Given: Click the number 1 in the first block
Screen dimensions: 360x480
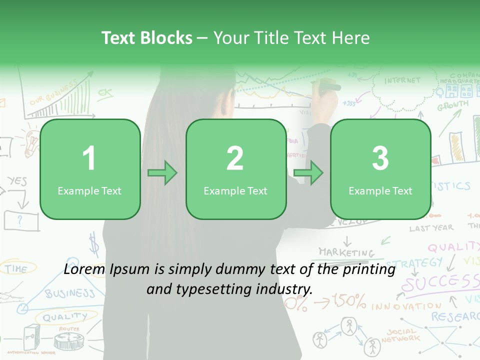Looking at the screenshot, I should click(89, 158).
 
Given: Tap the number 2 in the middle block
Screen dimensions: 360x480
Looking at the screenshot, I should click(235, 158).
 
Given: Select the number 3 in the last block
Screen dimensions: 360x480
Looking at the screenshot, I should click(380, 158).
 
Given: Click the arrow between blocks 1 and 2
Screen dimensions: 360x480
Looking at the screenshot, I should click(162, 173).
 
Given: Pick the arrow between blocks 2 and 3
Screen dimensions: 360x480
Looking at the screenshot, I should click(308, 173).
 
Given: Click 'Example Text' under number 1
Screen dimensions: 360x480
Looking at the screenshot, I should click(89, 191).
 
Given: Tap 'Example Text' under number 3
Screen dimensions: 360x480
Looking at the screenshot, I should click(380, 191).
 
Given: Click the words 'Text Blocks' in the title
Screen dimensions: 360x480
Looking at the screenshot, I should click(147, 38).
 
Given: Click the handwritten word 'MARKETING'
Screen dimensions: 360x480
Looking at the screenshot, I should click(346, 252).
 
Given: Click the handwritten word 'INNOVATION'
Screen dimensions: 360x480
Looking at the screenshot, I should click(406, 305).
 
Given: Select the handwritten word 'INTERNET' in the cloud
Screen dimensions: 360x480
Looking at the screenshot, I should click(402, 80).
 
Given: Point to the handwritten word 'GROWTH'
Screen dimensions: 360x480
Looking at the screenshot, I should click(453, 105).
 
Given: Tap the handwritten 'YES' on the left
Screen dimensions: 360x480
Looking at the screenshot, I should click(16, 181).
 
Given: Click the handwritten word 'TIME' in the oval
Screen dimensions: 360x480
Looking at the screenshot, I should click(16, 269).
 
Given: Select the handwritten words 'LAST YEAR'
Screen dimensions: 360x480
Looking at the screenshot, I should click(431, 228).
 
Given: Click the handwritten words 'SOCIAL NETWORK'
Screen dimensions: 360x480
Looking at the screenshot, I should click(401, 335).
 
